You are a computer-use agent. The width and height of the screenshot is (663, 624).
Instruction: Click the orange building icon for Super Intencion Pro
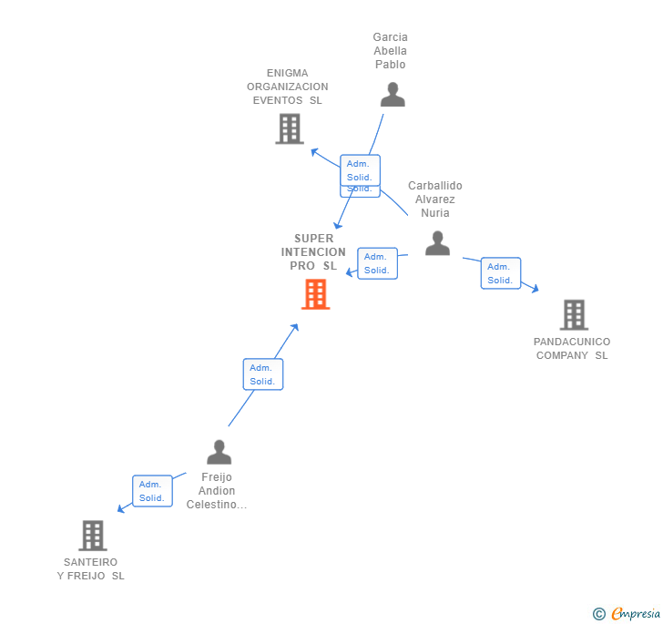[315, 293]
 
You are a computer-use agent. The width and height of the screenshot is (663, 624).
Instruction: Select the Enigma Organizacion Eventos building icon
[289, 128]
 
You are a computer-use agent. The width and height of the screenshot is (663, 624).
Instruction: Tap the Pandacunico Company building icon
[573, 314]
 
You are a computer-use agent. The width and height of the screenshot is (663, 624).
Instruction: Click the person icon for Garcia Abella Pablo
[392, 95]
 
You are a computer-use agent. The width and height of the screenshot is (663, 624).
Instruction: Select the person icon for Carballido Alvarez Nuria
[437, 243]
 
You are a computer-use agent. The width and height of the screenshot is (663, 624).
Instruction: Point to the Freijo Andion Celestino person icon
[219, 452]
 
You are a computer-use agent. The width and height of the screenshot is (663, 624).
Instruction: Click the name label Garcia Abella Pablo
[390, 51]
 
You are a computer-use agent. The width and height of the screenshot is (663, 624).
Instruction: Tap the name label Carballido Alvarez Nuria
[434, 199]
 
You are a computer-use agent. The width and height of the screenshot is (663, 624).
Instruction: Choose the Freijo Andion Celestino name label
[217, 491]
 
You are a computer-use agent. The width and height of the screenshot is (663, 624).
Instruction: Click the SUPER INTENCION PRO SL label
[313, 252]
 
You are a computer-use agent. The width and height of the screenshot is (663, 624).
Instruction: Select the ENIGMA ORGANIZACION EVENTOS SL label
[287, 87]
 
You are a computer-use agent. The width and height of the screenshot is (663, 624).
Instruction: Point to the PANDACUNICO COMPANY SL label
[572, 349]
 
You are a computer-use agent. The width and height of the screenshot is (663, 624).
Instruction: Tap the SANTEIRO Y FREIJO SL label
[91, 569]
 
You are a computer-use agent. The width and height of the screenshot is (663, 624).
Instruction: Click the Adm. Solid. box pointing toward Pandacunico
[500, 273]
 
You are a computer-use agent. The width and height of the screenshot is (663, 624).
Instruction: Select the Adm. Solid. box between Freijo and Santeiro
[152, 491]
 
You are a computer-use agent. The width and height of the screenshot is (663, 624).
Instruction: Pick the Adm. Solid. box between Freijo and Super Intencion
[262, 374]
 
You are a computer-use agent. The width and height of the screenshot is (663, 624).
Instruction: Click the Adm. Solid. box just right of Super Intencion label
[377, 263]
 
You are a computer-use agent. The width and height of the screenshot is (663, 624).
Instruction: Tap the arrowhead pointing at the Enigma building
[313, 151]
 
